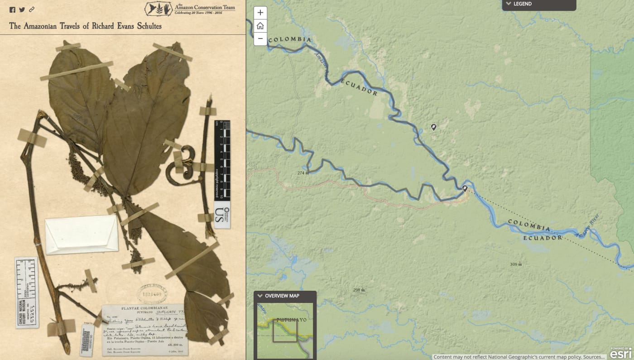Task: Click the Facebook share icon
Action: coord(12,10)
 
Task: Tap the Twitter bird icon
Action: coord(22,10)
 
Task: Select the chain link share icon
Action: coord(32,10)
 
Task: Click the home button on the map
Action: coord(260,26)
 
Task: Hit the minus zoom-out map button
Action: coord(260,39)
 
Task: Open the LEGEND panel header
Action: coord(538,5)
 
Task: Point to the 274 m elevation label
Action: coord(303,173)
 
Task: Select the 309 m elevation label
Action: coord(516,264)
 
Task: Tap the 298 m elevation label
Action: coord(359,290)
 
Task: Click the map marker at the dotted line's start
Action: coord(465,188)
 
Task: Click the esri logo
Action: coord(620,353)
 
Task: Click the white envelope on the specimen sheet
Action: coord(82,235)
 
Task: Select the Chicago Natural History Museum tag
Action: coord(27,292)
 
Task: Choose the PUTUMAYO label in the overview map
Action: coord(291,320)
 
